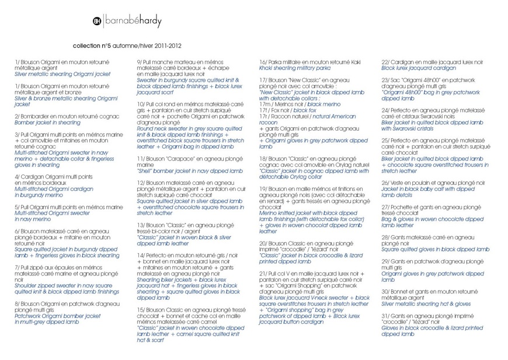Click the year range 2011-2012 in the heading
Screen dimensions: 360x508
click(x=167, y=45)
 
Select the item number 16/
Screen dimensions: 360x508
click(x=263, y=62)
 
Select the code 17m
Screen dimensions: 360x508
click(x=265, y=104)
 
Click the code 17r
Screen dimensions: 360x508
click(x=264, y=116)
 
